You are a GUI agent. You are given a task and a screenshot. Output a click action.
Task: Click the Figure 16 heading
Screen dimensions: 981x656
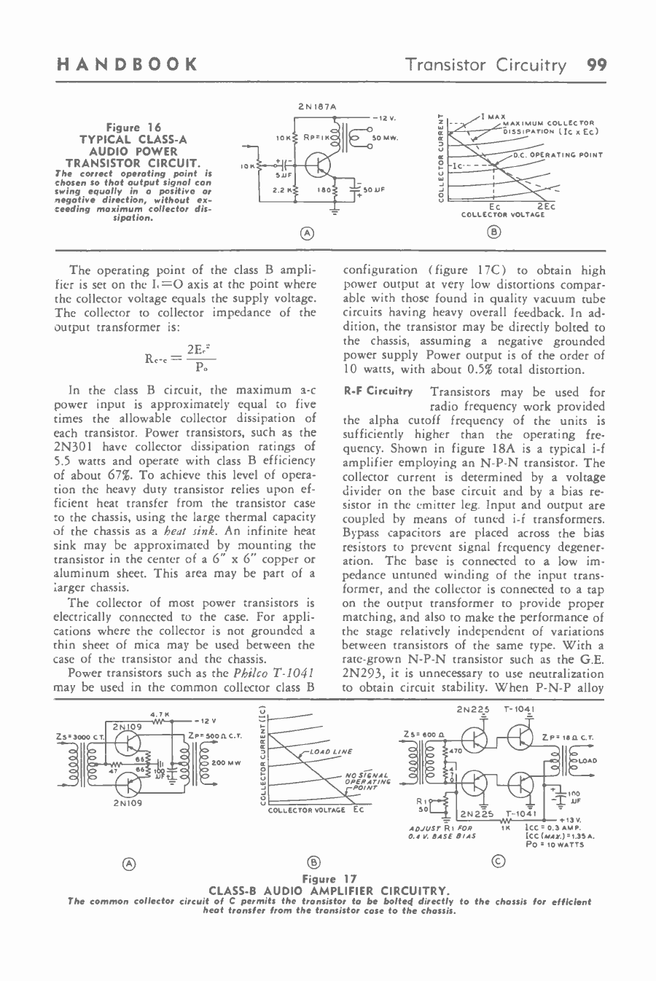click(133, 128)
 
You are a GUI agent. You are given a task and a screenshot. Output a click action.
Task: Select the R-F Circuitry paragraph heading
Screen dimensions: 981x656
click(378, 391)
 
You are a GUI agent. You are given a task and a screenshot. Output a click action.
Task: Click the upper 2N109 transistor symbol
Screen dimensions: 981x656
click(129, 743)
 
